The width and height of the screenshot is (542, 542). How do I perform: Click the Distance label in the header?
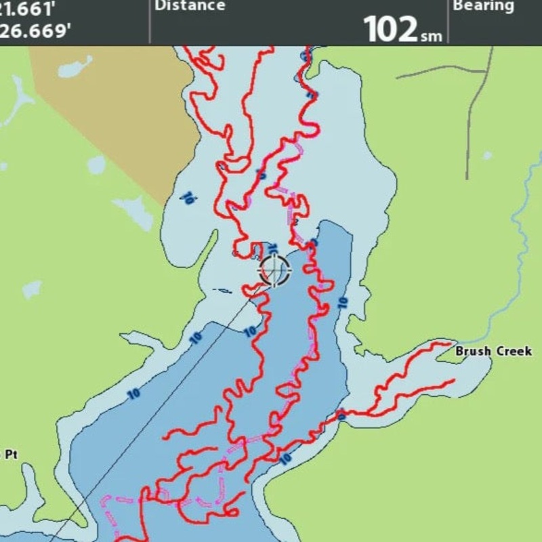190,6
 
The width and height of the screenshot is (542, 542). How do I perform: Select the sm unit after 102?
430,35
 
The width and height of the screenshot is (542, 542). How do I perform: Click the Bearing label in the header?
484,6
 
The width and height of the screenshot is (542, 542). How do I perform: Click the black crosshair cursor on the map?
274,270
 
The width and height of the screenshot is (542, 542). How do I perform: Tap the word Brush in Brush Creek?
472,352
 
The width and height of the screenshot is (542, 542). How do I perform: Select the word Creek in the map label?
512,352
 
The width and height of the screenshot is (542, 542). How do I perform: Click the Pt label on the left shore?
12,455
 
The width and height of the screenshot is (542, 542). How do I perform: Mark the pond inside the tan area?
75,67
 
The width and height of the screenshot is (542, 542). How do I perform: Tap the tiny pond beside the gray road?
486,155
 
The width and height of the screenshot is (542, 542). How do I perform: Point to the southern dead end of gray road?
467,178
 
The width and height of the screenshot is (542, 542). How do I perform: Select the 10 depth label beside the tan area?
188,198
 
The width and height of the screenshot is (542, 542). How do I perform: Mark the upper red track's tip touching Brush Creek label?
450,345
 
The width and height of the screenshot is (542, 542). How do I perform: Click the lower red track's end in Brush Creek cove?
453,381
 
